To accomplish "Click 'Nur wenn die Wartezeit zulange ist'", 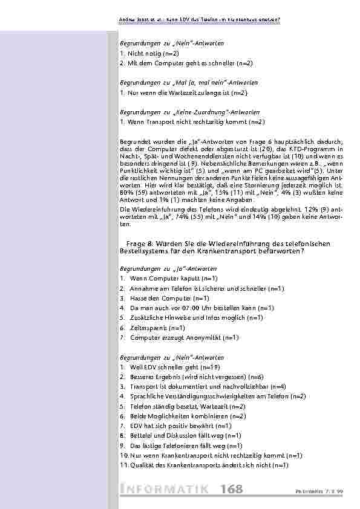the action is click(x=184, y=92).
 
